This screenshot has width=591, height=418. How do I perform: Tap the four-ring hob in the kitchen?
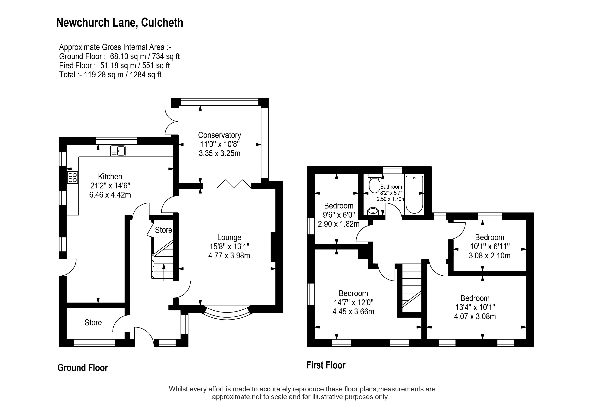73,177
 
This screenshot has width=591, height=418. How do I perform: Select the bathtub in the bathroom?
414,195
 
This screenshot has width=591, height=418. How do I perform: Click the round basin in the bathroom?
373,211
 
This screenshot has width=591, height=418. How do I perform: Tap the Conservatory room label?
219,135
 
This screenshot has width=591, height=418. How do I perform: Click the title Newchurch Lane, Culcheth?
120,23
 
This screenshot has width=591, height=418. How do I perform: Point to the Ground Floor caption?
82,368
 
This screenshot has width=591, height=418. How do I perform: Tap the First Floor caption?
326,365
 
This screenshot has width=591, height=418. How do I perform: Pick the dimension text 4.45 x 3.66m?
353,312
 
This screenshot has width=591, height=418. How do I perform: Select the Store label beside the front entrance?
93,322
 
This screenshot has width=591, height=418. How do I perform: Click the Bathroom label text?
391,187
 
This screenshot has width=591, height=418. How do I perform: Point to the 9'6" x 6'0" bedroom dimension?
339,215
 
